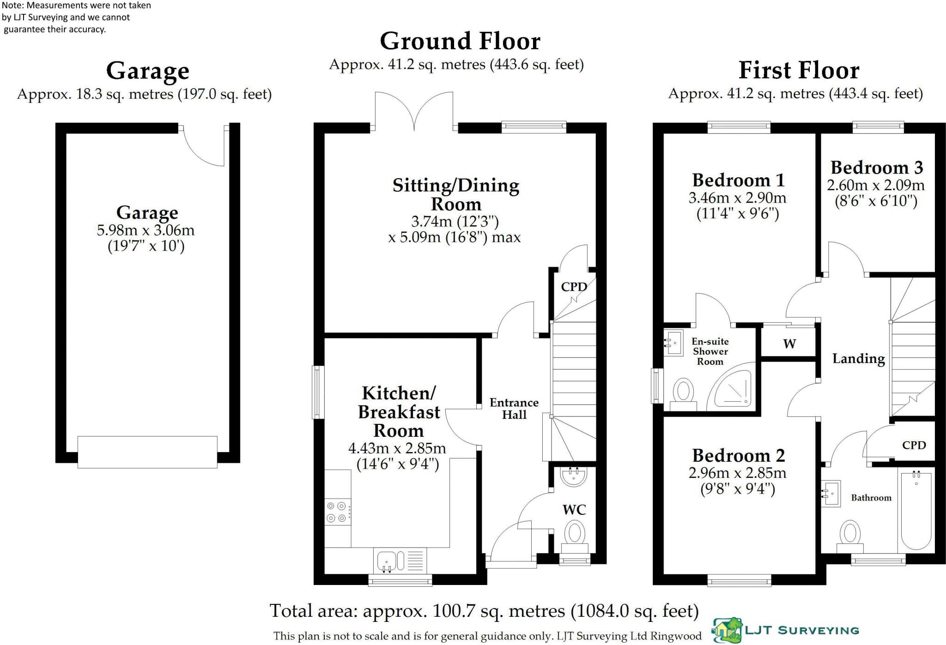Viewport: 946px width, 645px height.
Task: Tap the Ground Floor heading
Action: coord(460,41)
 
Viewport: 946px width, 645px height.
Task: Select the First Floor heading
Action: coord(799,71)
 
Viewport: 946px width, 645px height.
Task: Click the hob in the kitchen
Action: coord(338,512)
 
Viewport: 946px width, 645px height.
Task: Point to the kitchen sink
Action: coord(400,561)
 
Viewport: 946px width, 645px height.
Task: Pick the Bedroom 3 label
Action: coord(876,167)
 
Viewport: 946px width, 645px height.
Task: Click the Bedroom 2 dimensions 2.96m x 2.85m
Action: coord(737,473)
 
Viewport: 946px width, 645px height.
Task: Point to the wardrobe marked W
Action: coord(789,344)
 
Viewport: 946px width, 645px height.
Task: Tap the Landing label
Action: coord(859,359)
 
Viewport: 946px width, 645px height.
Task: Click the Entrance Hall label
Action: coord(514,409)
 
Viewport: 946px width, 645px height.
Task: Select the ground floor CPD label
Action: coord(574,287)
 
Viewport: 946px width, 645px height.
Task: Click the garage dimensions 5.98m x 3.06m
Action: coord(146,230)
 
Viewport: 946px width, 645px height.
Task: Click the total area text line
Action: coord(484,611)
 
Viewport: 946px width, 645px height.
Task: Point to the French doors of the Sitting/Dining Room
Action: coord(414,111)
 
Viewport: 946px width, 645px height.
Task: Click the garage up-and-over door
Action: coord(147,452)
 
